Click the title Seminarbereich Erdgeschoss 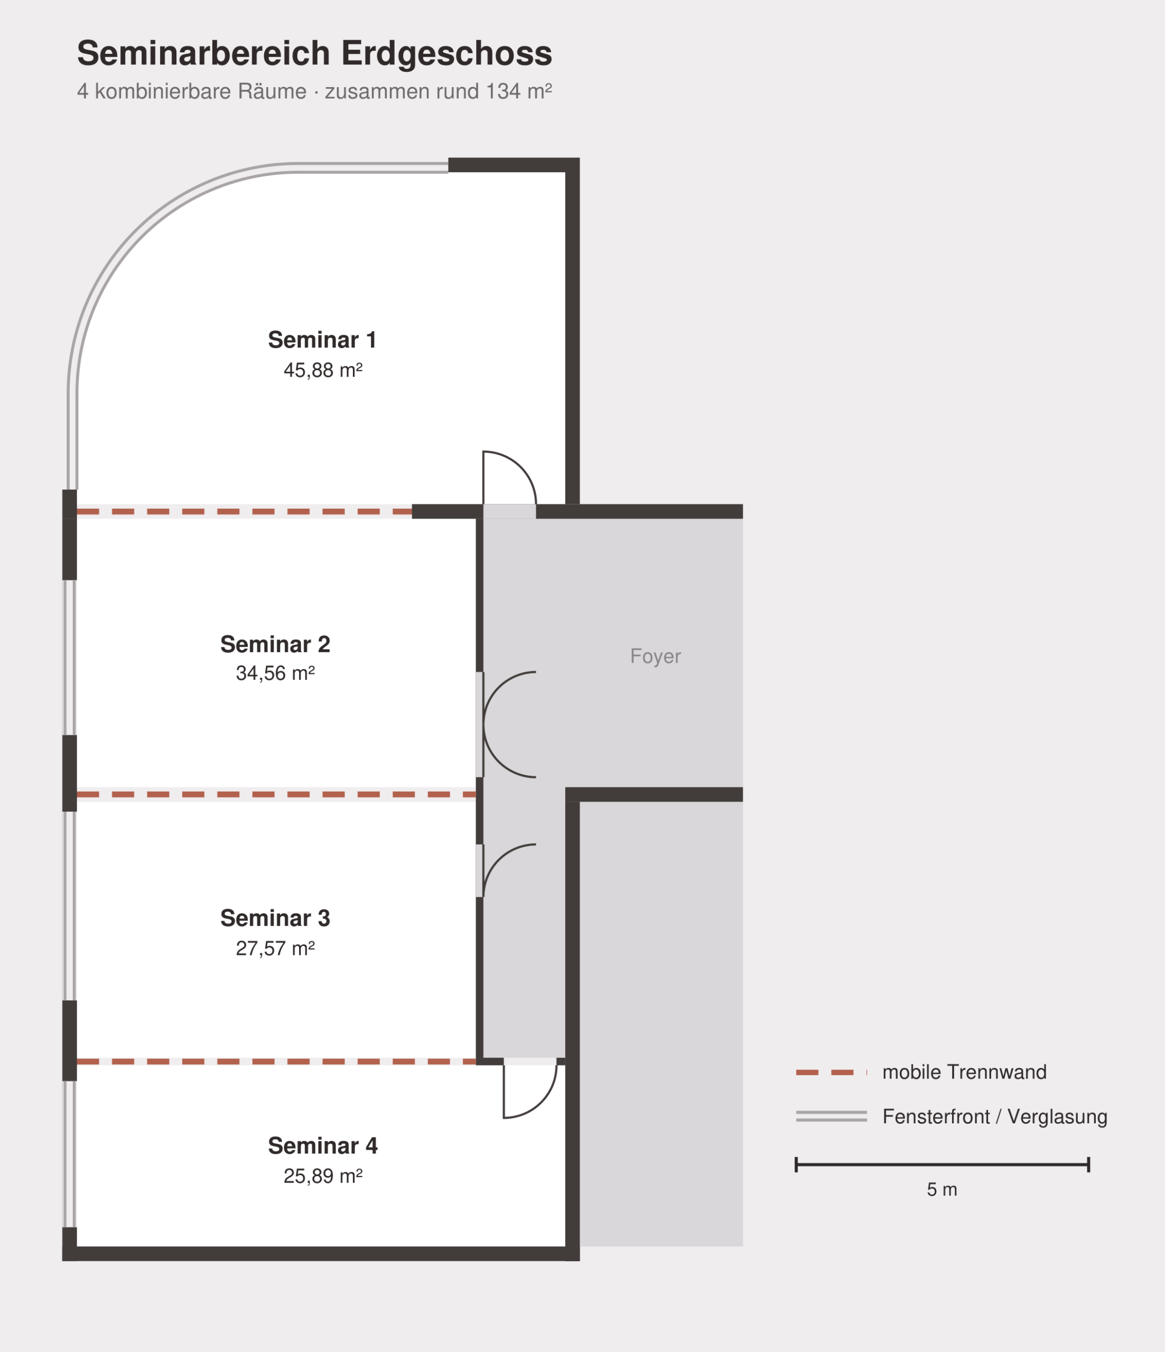[x=314, y=53]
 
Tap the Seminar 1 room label [x=322, y=340]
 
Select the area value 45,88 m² [x=322, y=370]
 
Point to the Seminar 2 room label [x=275, y=644]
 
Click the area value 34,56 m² [x=275, y=673]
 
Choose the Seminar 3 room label [x=275, y=918]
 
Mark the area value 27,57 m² [x=275, y=948]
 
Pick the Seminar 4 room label [x=322, y=1146]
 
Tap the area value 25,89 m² [x=322, y=1176]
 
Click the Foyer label [x=655, y=656]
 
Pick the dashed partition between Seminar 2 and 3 [x=277, y=795]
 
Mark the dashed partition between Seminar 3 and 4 [x=277, y=1062]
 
